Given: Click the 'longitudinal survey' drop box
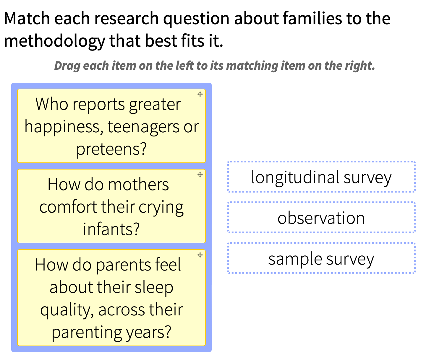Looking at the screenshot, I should click(321, 177).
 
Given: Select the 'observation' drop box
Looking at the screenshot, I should click(321, 218).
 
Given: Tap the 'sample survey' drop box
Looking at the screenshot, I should click(321, 258).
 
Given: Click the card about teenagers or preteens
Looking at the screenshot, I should click(111, 126).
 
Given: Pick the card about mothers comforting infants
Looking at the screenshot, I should click(111, 206).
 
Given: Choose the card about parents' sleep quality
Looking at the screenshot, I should click(111, 298).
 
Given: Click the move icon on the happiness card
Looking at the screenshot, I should click(200, 95).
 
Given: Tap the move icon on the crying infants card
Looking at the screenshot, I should click(200, 175).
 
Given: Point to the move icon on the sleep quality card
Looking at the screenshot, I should click(200, 255).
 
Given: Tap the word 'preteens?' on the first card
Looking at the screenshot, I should click(111, 149).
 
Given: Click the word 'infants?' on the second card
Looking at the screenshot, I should click(111, 229).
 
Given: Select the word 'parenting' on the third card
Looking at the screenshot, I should click(87, 332).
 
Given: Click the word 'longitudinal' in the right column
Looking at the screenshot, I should click(295, 177).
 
